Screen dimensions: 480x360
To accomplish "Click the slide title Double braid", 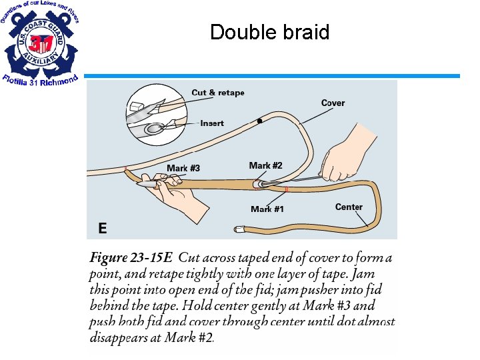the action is coord(269,32).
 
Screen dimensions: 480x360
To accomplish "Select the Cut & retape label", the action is coord(217,93).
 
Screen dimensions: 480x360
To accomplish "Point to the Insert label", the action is coord(212,123).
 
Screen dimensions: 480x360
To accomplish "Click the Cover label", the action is coord(333,103).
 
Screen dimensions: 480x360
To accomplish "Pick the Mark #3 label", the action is coord(183,168).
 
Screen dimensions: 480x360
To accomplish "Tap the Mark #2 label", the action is coord(265,165).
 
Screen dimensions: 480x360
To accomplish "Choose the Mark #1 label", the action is coord(267,209).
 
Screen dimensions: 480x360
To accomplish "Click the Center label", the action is coord(349,207).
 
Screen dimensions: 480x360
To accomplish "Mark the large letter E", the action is coord(102,228).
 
